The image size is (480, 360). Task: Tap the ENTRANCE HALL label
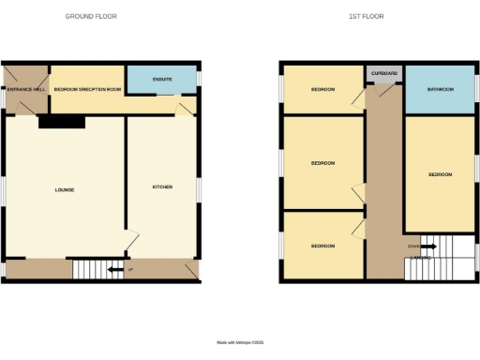tap(24, 89)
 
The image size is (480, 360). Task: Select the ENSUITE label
tap(161, 79)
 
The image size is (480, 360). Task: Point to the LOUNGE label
tap(65, 190)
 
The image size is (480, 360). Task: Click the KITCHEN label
tap(162, 187)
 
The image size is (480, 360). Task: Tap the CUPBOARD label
tap(383, 72)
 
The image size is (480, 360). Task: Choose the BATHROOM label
tap(441, 90)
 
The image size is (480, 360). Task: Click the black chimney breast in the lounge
tap(62, 122)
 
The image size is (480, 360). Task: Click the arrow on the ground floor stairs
tap(114, 271)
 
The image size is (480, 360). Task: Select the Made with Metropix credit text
tap(240, 343)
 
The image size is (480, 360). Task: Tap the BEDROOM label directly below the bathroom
tap(440, 174)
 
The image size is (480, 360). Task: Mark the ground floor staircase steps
tap(92, 270)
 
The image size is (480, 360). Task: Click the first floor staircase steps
tap(441, 257)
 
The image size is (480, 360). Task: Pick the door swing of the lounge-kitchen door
tap(134, 241)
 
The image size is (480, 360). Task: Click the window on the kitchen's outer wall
tap(199, 187)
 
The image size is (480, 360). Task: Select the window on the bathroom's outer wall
tap(476, 89)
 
